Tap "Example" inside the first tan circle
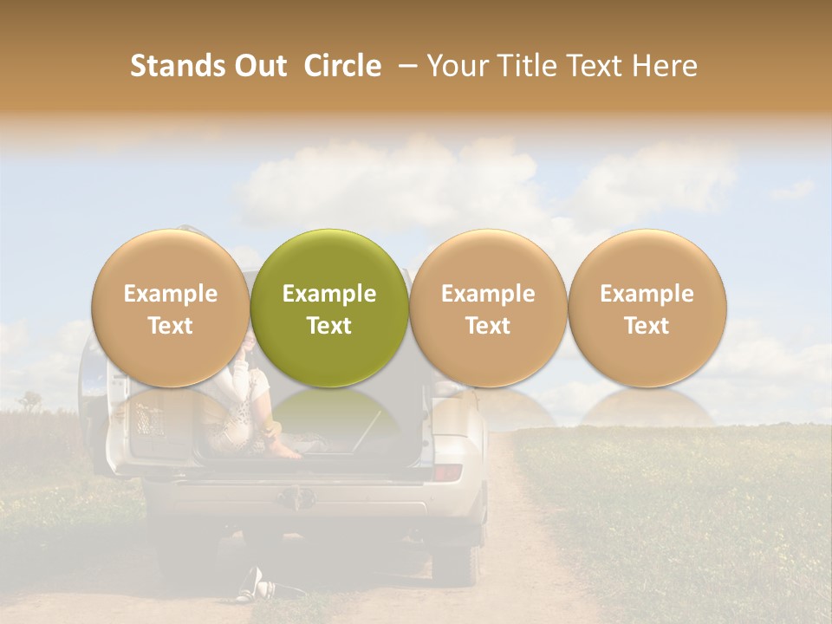pos(171,294)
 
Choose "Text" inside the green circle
pos(329,326)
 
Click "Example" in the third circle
pos(488,294)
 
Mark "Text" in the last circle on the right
pos(647,326)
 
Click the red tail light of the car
pos(447,472)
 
